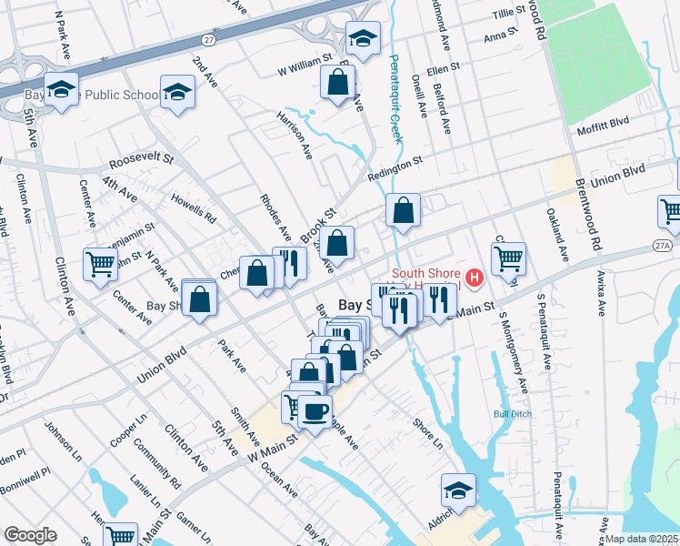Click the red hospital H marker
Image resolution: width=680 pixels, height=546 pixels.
pyautogui.click(x=474, y=278)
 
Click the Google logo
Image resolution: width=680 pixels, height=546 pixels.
pyautogui.click(x=30, y=535)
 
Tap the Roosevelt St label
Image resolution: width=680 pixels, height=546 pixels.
pyautogui.click(x=141, y=159)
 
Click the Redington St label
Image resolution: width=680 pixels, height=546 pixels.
pyautogui.click(x=395, y=167)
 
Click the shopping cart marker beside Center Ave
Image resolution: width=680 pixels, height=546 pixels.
pyautogui.click(x=100, y=265)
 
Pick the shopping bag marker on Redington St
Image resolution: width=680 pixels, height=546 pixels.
pyautogui.click(x=403, y=210)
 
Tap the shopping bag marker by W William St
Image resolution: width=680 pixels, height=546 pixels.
pyautogui.click(x=338, y=83)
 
